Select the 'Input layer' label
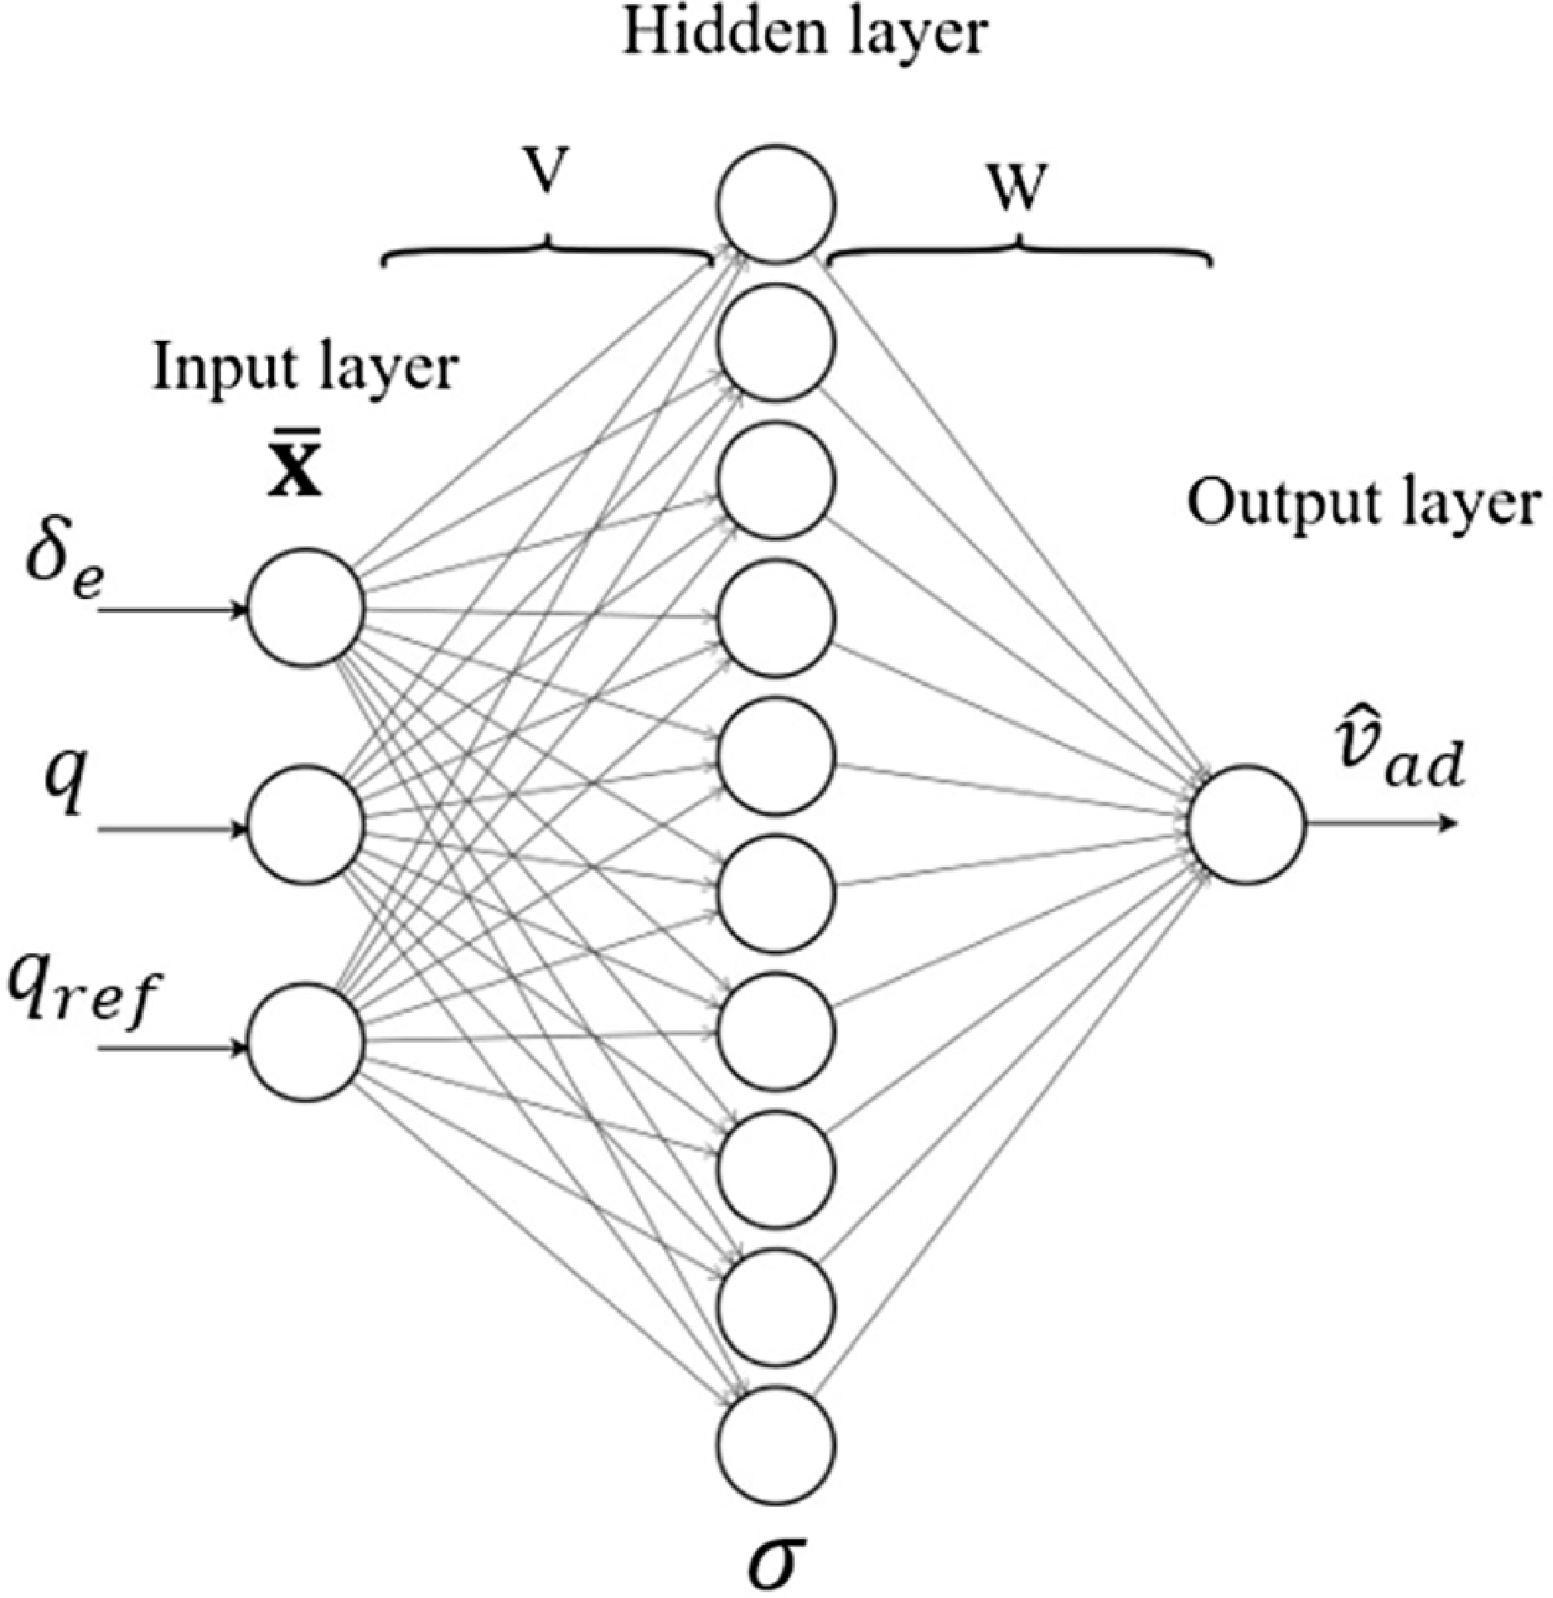[304, 368]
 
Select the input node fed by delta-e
[306, 607]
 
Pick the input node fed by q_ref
[306, 1042]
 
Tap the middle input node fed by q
[306, 824]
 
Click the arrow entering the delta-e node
[174, 611]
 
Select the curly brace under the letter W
[1020, 252]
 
